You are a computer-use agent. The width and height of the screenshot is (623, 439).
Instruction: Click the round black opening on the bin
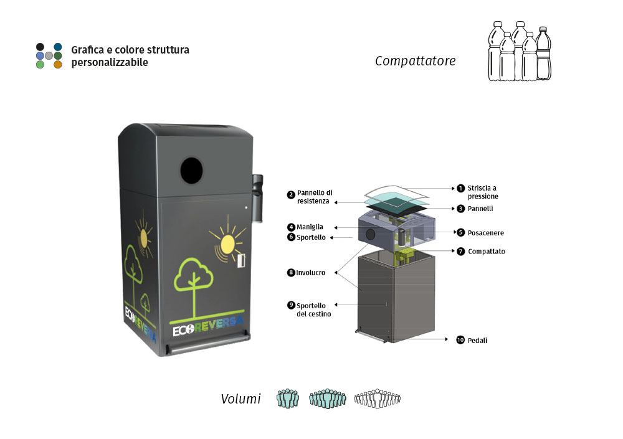pos(191,171)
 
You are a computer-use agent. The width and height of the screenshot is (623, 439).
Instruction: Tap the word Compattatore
pos(415,61)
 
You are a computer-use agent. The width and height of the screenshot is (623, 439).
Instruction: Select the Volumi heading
pos(240,399)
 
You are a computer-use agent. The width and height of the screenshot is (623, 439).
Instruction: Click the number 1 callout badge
pos(460,188)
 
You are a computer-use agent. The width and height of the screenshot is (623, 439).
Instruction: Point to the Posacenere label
pos(485,233)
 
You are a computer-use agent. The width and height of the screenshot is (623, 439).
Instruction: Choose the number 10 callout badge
pos(460,339)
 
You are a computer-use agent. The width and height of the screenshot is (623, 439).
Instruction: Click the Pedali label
pos(477,341)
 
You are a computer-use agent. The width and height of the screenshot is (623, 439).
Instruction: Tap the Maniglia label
pos(310,227)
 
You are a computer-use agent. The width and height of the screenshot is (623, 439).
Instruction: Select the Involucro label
pos(311,273)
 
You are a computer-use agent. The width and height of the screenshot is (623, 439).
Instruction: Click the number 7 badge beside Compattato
pos(460,251)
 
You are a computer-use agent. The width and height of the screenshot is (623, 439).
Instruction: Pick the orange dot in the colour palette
pos(57,64)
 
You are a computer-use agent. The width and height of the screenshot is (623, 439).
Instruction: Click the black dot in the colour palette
pos(40,47)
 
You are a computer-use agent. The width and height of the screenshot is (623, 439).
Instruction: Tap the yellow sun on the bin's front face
pos(227,243)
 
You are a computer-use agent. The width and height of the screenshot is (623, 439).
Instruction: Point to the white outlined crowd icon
pos(377,398)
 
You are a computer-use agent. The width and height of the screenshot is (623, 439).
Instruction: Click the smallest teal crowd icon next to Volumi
pos(288,398)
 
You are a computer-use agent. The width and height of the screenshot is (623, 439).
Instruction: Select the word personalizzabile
pos(110,62)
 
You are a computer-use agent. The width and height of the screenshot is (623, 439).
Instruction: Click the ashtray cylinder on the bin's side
pos(257,198)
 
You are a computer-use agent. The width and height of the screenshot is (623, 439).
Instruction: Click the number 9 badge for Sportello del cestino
pos(291,305)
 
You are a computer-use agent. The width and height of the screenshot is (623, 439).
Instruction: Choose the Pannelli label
pos(480,209)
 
